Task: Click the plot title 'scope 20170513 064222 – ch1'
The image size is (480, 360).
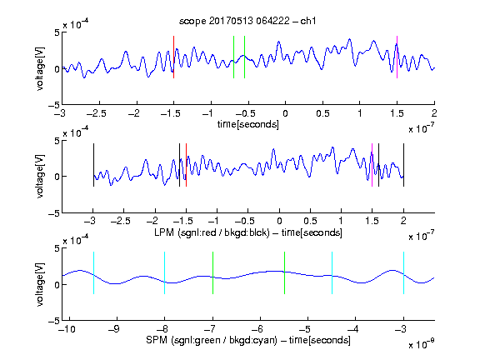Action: point(247,21)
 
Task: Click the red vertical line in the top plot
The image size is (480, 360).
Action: point(174,57)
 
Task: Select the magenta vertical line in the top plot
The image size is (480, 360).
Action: point(397,57)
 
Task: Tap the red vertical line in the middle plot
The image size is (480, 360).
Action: point(186,165)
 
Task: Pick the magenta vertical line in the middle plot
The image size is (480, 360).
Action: point(372,165)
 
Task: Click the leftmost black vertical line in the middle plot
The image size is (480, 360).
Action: point(93,165)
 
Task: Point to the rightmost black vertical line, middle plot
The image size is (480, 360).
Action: point(403,165)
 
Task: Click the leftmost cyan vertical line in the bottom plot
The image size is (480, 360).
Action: point(93,273)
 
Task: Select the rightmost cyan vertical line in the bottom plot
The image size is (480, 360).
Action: point(403,273)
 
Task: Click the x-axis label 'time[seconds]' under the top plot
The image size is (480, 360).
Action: point(248,124)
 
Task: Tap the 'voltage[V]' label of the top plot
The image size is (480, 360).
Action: point(40,69)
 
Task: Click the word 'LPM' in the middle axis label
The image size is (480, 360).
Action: point(164,232)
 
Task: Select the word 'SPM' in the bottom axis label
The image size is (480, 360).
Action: point(157,340)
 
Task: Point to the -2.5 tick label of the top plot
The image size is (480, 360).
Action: point(96,113)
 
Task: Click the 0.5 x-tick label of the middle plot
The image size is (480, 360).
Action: point(310,221)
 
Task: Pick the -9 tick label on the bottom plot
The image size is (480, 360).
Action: point(114,329)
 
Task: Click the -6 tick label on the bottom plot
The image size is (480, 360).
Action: point(257,329)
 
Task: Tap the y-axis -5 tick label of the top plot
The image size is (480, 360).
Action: point(54,105)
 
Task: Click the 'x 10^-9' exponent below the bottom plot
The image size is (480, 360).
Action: point(421,344)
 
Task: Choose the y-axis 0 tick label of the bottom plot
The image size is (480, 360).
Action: point(57,285)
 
